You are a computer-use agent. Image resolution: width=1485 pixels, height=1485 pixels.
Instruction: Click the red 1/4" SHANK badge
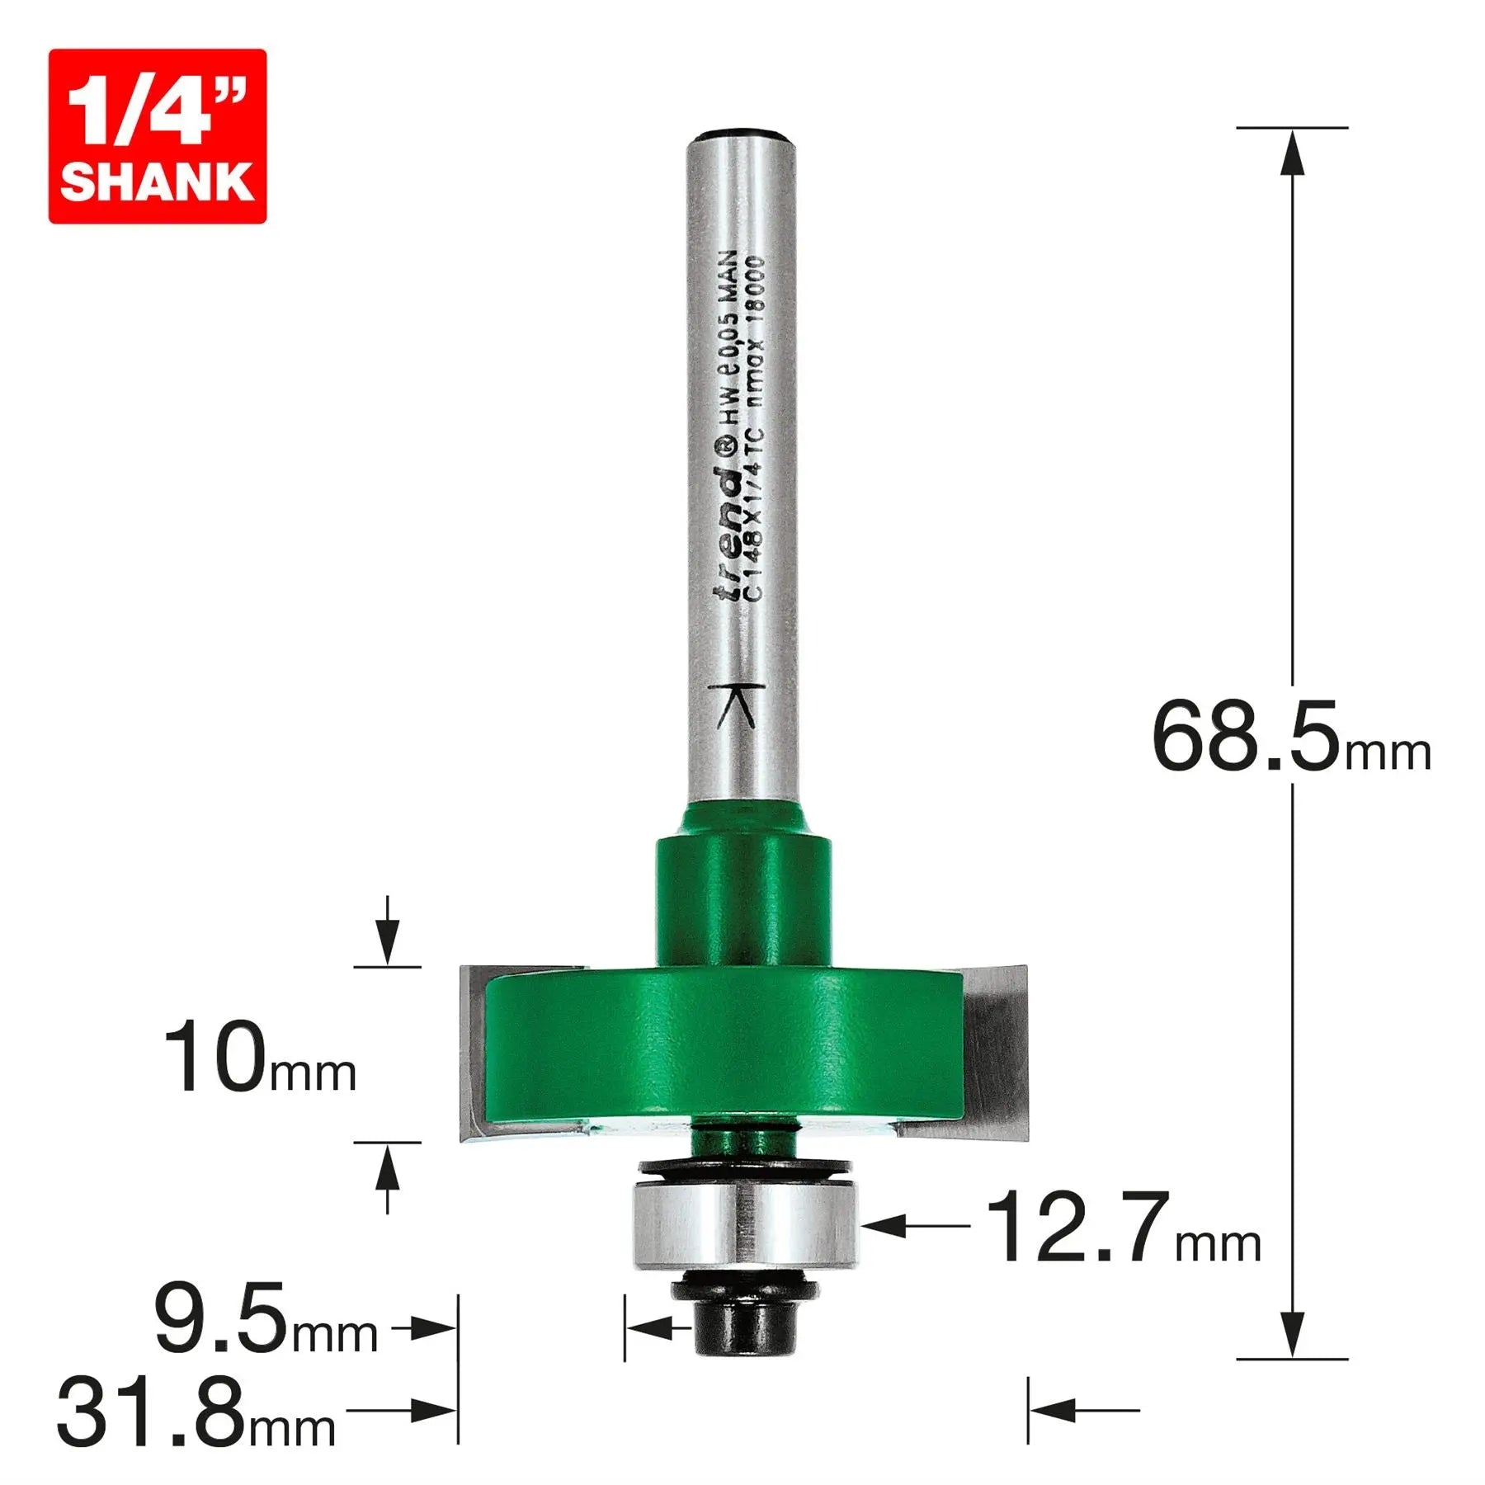[157, 136]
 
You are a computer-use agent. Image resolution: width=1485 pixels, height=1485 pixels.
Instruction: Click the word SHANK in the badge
[157, 182]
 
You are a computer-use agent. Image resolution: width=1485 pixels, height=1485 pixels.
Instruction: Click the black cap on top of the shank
[742, 134]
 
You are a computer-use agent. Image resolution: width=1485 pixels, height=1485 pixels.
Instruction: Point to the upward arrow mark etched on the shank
[736, 705]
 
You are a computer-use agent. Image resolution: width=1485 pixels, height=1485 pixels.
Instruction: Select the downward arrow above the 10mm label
[387, 939]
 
